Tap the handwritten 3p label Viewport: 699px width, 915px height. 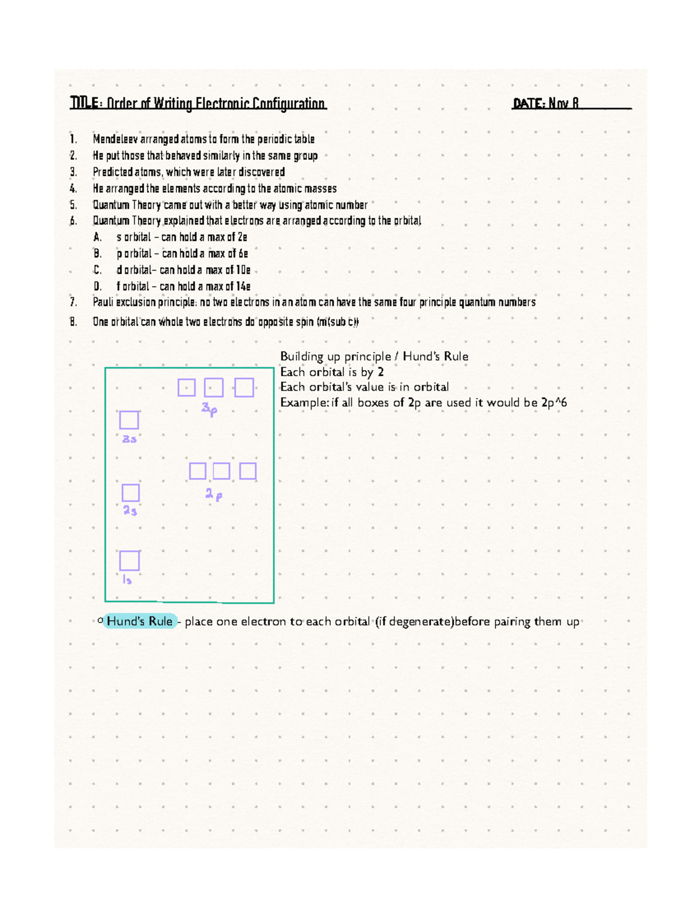209,409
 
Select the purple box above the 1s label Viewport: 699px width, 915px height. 129,561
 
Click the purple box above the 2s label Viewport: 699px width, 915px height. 130,493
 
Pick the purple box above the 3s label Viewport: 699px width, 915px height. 129,420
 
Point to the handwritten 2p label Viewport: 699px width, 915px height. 213,495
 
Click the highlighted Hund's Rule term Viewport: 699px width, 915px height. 140,621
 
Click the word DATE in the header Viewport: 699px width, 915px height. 528,104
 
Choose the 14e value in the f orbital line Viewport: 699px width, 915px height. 243,286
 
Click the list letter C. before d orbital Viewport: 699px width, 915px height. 97,270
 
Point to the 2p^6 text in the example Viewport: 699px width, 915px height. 554,403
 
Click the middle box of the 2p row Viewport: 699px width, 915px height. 221,471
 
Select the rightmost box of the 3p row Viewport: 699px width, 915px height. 244,388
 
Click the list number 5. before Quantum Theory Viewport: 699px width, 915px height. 73,205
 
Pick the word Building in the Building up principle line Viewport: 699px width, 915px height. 302,357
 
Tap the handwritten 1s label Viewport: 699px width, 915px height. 127,580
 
